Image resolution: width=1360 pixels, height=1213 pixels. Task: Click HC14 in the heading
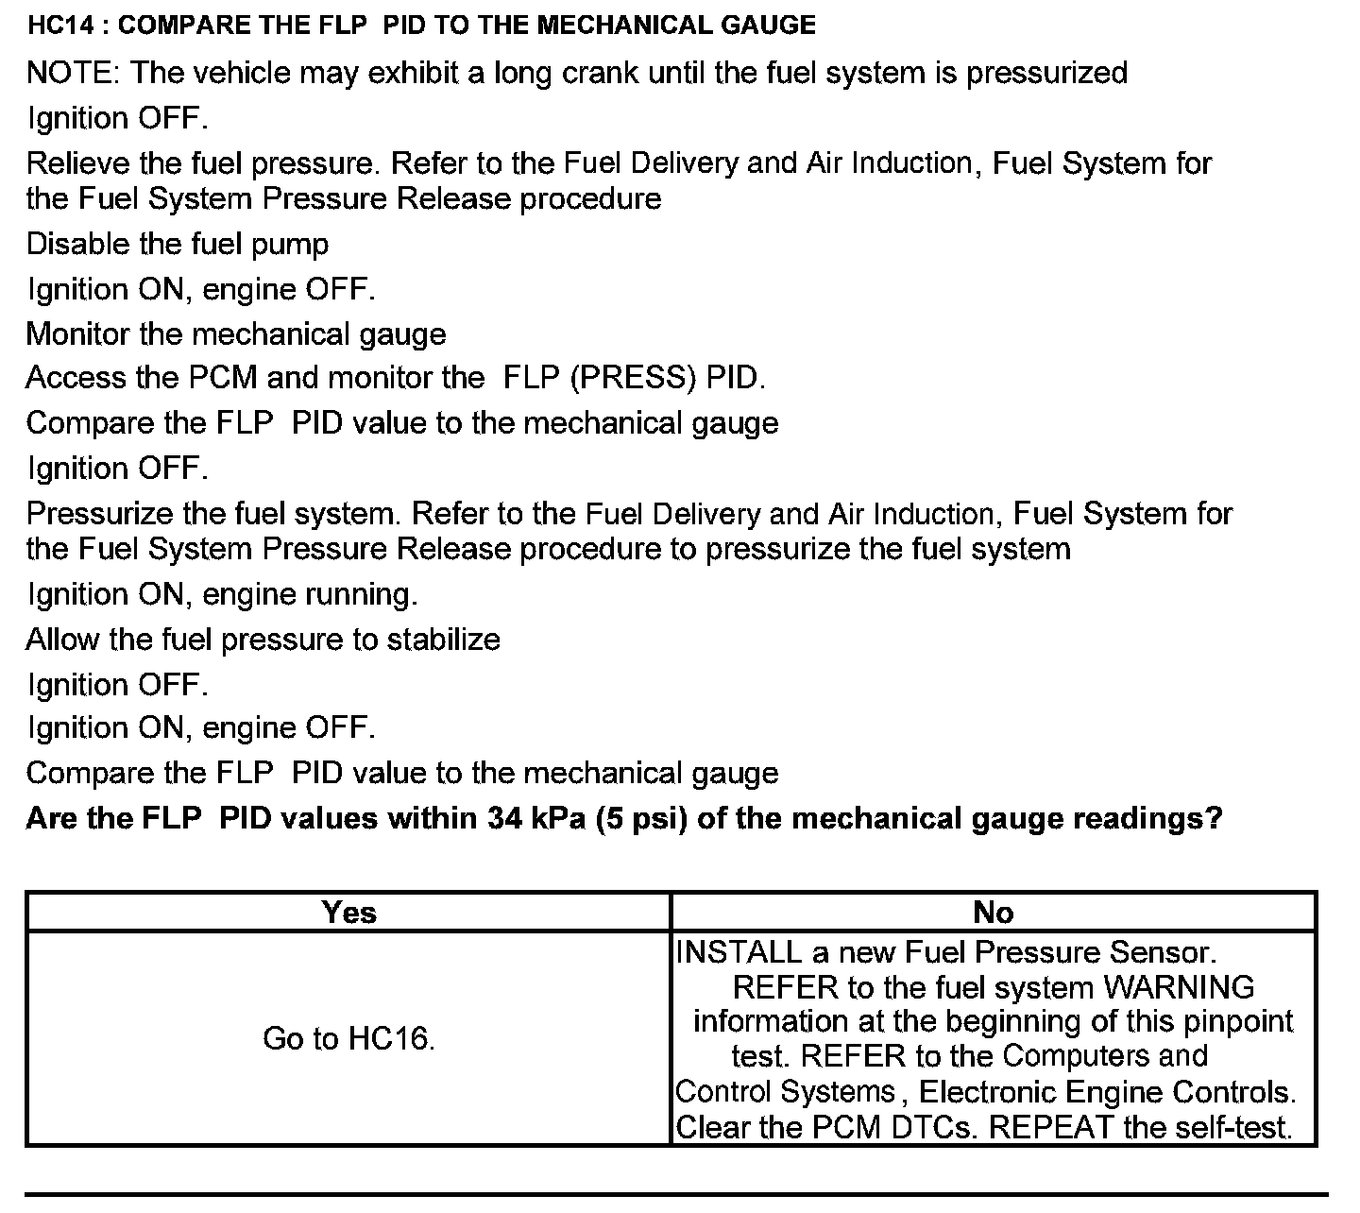coord(64,26)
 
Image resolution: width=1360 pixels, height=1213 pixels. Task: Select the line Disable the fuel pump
coord(178,245)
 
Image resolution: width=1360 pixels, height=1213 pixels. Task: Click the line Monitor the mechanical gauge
coord(236,334)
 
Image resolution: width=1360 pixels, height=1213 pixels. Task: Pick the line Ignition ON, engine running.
coord(223,595)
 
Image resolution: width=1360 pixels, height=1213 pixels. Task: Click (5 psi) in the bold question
coord(641,818)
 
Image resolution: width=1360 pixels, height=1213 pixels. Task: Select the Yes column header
coord(348,913)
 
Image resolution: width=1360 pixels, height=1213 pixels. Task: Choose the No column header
coord(994,913)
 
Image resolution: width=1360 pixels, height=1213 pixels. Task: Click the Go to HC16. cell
coord(348,1039)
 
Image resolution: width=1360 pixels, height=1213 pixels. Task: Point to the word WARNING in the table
coord(1179,988)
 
